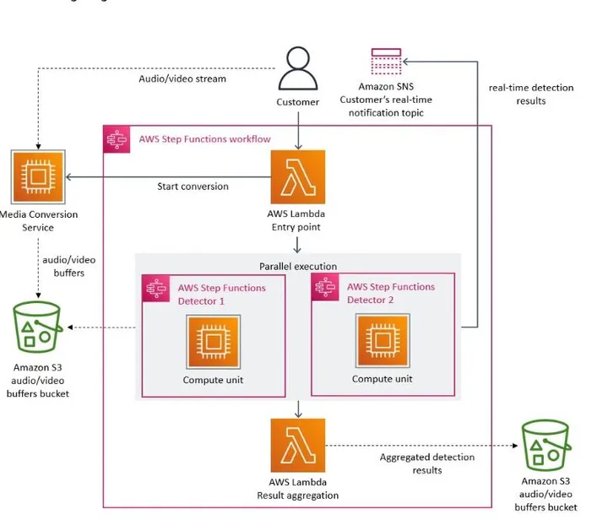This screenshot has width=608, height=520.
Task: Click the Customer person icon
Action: (x=298, y=68)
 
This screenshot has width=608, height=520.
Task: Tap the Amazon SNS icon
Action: (x=386, y=62)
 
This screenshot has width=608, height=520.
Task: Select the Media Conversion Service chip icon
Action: (x=38, y=177)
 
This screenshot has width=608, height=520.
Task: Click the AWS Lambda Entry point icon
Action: (x=298, y=177)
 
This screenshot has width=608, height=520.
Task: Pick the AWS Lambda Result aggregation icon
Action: (x=298, y=445)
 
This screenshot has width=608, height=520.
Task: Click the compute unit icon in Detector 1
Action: (x=214, y=341)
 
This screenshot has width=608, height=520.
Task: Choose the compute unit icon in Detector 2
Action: (x=383, y=340)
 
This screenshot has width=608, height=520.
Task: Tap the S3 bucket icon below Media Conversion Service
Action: (x=37, y=327)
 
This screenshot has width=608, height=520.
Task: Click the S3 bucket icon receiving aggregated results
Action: (x=546, y=445)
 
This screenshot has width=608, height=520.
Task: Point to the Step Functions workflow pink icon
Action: (x=117, y=139)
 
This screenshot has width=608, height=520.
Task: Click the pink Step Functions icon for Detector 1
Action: (x=156, y=289)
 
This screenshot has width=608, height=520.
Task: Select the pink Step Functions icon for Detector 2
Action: (x=325, y=287)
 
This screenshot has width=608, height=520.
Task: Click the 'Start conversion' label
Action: (x=193, y=187)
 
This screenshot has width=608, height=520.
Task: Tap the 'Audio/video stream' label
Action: (x=182, y=79)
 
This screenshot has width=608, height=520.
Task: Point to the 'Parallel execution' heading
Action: (x=298, y=266)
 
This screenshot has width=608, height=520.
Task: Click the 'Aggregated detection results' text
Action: (x=427, y=463)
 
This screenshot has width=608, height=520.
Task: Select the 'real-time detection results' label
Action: (x=531, y=95)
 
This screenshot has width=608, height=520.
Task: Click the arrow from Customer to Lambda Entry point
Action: (x=298, y=131)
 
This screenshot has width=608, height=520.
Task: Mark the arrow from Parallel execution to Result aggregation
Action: (x=298, y=409)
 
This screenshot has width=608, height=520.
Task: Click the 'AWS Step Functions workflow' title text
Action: (x=204, y=139)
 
